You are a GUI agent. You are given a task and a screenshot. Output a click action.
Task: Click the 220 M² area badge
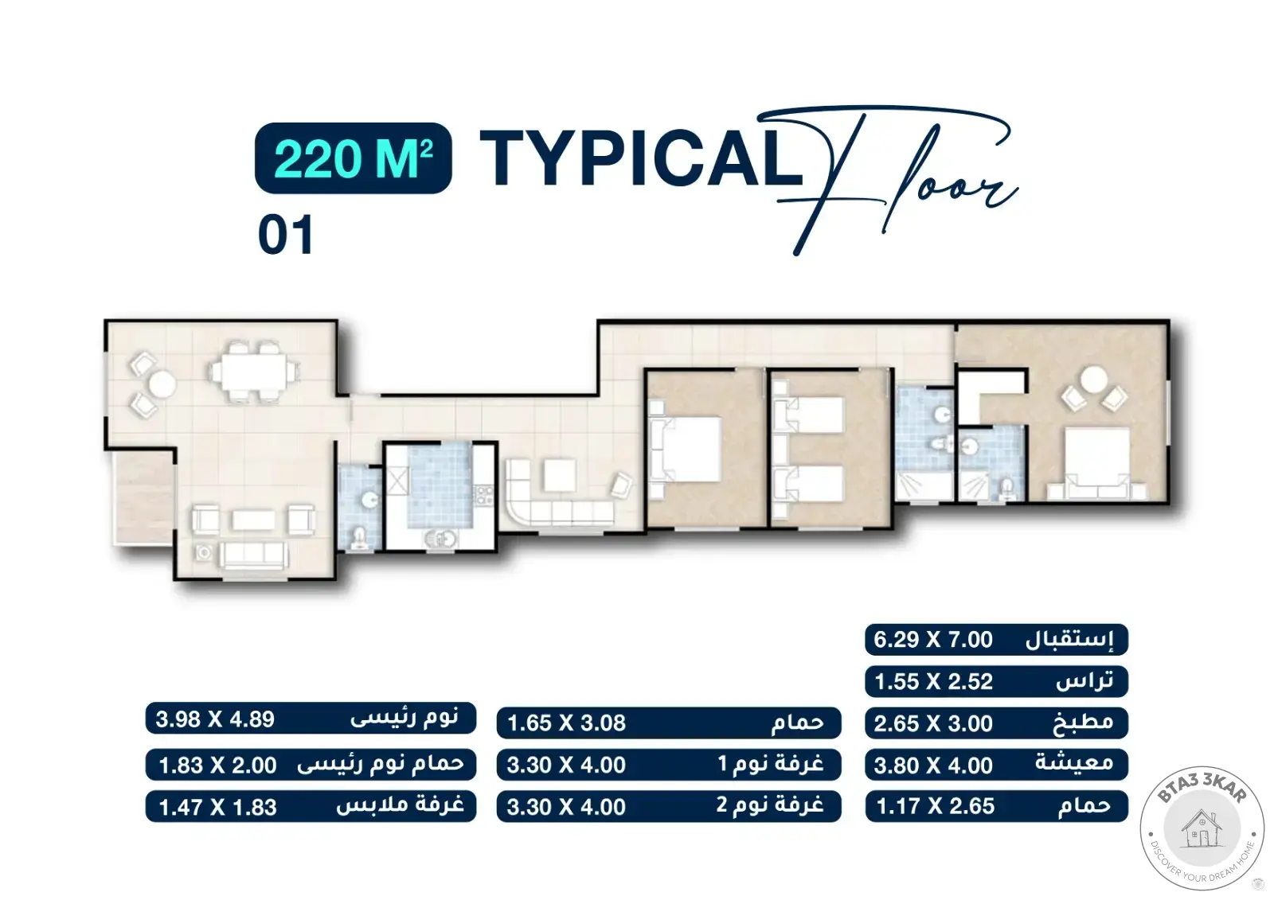tap(354, 158)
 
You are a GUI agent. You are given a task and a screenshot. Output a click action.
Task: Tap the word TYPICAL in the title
tap(641, 158)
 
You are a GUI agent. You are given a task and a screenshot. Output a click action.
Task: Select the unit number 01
tap(286, 235)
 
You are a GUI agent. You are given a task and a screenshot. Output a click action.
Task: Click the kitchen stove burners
tap(484, 495)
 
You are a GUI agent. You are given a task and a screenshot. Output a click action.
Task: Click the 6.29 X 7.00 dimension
tap(933, 640)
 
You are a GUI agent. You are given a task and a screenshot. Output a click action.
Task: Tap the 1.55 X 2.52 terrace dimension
tap(933, 682)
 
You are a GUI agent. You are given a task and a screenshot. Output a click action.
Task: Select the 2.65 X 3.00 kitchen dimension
tap(933, 724)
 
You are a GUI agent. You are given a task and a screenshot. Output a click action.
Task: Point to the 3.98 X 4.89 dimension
tap(215, 720)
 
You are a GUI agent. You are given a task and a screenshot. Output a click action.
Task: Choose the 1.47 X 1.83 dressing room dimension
tap(217, 808)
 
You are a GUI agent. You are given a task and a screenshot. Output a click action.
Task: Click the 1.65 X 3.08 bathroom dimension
tap(566, 724)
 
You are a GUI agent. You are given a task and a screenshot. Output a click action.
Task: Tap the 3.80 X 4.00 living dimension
tap(933, 766)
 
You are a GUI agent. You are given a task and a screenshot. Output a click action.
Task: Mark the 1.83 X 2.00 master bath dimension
tap(217, 766)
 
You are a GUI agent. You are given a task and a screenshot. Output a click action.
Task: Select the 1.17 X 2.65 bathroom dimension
tap(936, 807)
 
